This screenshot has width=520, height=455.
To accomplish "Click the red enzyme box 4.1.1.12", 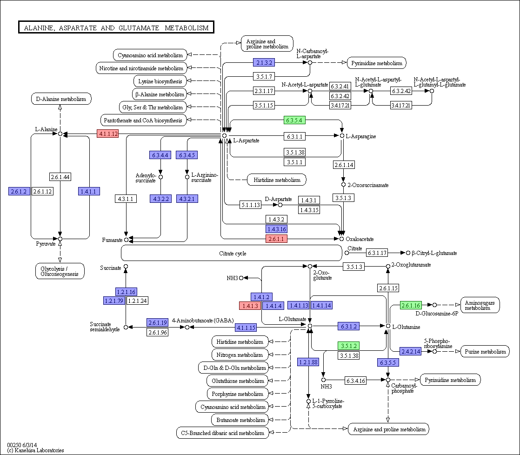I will click(x=107, y=134).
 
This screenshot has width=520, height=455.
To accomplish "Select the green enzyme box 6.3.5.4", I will click(x=294, y=120).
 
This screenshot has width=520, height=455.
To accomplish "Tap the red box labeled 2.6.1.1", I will click(x=276, y=239).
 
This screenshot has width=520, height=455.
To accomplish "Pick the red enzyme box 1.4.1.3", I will click(x=250, y=306).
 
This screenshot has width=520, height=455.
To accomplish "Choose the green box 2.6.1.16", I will click(x=411, y=305).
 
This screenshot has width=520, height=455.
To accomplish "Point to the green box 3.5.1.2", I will click(x=348, y=346).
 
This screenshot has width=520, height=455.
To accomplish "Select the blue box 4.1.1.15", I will click(x=246, y=327).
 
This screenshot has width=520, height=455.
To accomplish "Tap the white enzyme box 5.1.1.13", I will click(x=250, y=205).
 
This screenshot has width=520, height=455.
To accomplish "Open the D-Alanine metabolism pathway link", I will click(x=61, y=99).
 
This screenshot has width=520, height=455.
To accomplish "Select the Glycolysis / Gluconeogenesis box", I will click(x=60, y=271).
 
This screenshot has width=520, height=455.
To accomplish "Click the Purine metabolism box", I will click(x=485, y=352).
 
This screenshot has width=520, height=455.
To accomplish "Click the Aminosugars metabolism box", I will click(x=480, y=305).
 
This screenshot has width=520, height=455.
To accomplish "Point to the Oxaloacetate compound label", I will click(x=359, y=239).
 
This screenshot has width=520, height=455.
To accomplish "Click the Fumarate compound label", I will click(x=112, y=240).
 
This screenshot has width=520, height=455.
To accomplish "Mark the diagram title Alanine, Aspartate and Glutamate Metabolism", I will click(x=116, y=28).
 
